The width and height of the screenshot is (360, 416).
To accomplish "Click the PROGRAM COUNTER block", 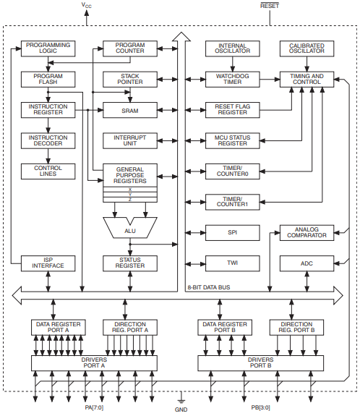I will click(130, 48).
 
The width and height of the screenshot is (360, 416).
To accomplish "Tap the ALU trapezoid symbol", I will click(130, 229).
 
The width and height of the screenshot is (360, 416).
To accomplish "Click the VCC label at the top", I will click(86, 6).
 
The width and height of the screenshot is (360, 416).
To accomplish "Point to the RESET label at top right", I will click(269, 6).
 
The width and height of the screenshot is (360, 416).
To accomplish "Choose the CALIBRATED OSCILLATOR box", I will click(307, 48).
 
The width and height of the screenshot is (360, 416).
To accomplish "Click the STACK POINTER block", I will click(130, 79).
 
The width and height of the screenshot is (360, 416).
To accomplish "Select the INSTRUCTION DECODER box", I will click(48, 140).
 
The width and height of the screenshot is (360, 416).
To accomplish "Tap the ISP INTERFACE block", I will click(48, 263).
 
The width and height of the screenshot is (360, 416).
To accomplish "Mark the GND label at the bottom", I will click(181, 409).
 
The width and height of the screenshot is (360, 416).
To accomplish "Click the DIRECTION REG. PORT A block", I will click(130, 326).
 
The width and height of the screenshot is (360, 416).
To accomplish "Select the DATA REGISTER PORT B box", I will click(226, 326).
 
